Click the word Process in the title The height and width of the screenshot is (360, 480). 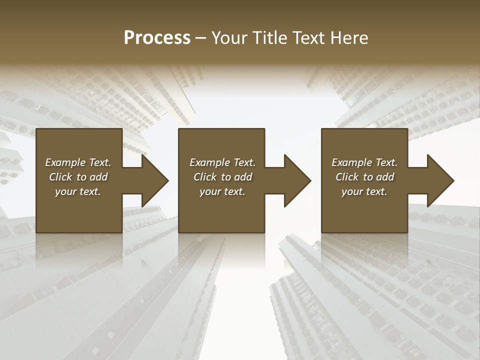coord(157,38)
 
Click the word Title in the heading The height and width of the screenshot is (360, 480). coord(274,38)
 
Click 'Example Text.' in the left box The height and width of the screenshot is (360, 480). coord(78,162)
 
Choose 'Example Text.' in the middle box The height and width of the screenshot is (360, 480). coord(222,162)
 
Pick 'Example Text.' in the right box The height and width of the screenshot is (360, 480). coord(364,162)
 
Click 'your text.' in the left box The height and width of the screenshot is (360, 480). coord(78,191)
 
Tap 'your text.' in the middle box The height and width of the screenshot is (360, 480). coord(222,191)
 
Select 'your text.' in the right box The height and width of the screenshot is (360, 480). coord(364,191)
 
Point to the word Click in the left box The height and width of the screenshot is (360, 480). coord(61,177)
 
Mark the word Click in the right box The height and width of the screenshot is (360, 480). coord(347,177)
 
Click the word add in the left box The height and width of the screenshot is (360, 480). coord(99,177)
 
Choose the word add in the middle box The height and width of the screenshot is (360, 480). coord(243,177)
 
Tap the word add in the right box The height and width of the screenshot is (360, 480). coord(385,177)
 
